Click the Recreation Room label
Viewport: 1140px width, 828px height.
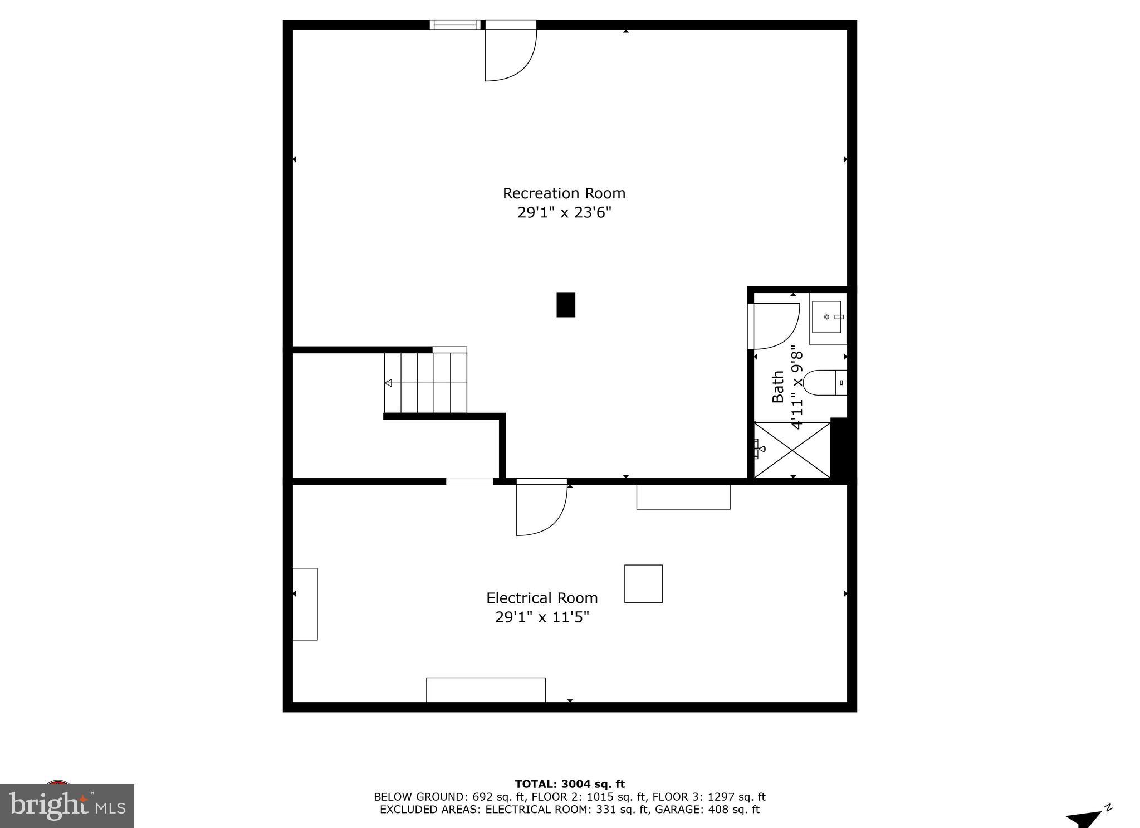pyautogui.click(x=564, y=193)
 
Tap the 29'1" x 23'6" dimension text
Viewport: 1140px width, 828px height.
pyautogui.click(x=564, y=213)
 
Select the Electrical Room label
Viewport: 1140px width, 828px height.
pyautogui.click(x=541, y=598)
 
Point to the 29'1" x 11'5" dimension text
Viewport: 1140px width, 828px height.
pyautogui.click(x=541, y=617)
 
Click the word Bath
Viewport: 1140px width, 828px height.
pyautogui.click(x=778, y=387)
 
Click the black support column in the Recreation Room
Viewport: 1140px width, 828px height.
pyautogui.click(x=565, y=305)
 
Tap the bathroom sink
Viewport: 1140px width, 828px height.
pyautogui.click(x=827, y=317)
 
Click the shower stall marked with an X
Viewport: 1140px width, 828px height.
pyautogui.click(x=791, y=450)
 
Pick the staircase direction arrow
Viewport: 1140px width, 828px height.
pyautogui.click(x=388, y=383)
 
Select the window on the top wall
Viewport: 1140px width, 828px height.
pyautogui.click(x=454, y=25)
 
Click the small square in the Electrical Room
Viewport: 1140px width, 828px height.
pyautogui.click(x=643, y=583)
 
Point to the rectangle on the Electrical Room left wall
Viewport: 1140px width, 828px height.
pyautogui.click(x=305, y=604)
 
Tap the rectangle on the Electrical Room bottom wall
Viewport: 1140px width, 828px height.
pyautogui.click(x=486, y=690)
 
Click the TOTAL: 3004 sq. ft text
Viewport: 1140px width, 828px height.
pyautogui.click(x=569, y=785)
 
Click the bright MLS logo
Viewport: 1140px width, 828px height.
pyautogui.click(x=67, y=806)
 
